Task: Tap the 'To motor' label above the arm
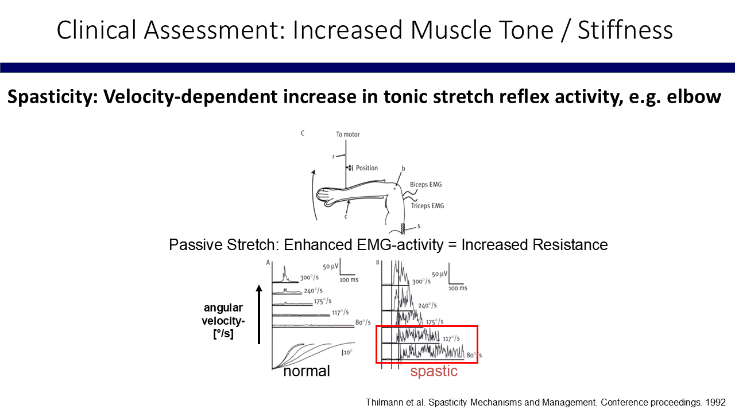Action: coord(348,134)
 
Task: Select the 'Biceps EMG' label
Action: coord(426,185)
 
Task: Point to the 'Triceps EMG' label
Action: coord(428,206)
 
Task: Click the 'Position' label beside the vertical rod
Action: coord(367,168)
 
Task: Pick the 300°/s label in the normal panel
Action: coord(309,278)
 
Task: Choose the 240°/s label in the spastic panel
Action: coord(427,306)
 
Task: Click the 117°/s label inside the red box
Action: coord(451,338)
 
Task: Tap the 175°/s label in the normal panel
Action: coord(323,301)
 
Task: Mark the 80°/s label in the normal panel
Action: coord(363,322)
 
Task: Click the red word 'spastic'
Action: coord(434,371)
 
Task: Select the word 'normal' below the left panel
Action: coord(307,371)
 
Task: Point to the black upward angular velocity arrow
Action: coord(259,314)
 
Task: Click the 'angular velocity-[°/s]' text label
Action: coord(223,321)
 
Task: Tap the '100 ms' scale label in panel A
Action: coord(349,280)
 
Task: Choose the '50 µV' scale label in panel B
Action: coord(439,274)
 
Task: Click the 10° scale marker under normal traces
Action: coord(347,352)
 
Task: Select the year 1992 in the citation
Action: coord(715,403)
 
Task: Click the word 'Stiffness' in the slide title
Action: coord(625,30)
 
